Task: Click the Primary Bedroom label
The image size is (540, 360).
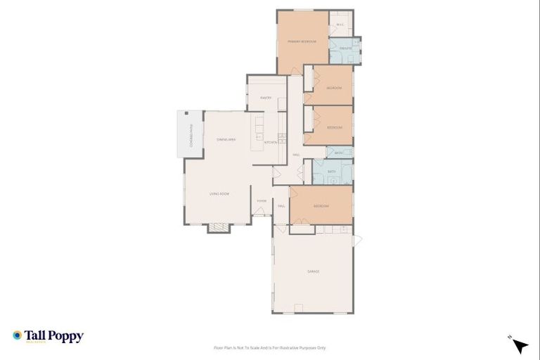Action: (302, 42)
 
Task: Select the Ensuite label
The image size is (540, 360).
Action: (345, 48)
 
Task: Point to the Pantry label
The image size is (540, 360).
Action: (266, 98)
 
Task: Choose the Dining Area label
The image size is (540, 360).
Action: (226, 140)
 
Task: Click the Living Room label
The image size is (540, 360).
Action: (219, 193)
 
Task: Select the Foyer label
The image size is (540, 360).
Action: (262, 201)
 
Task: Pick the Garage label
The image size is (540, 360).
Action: (313, 271)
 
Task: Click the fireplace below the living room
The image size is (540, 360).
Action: (218, 228)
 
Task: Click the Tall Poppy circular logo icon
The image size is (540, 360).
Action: (18, 336)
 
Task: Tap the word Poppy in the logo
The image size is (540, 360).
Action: (67, 336)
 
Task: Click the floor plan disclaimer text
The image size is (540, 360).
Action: (270, 347)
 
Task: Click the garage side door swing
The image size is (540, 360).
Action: (356, 240)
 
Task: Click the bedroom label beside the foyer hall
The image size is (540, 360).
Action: (321, 206)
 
